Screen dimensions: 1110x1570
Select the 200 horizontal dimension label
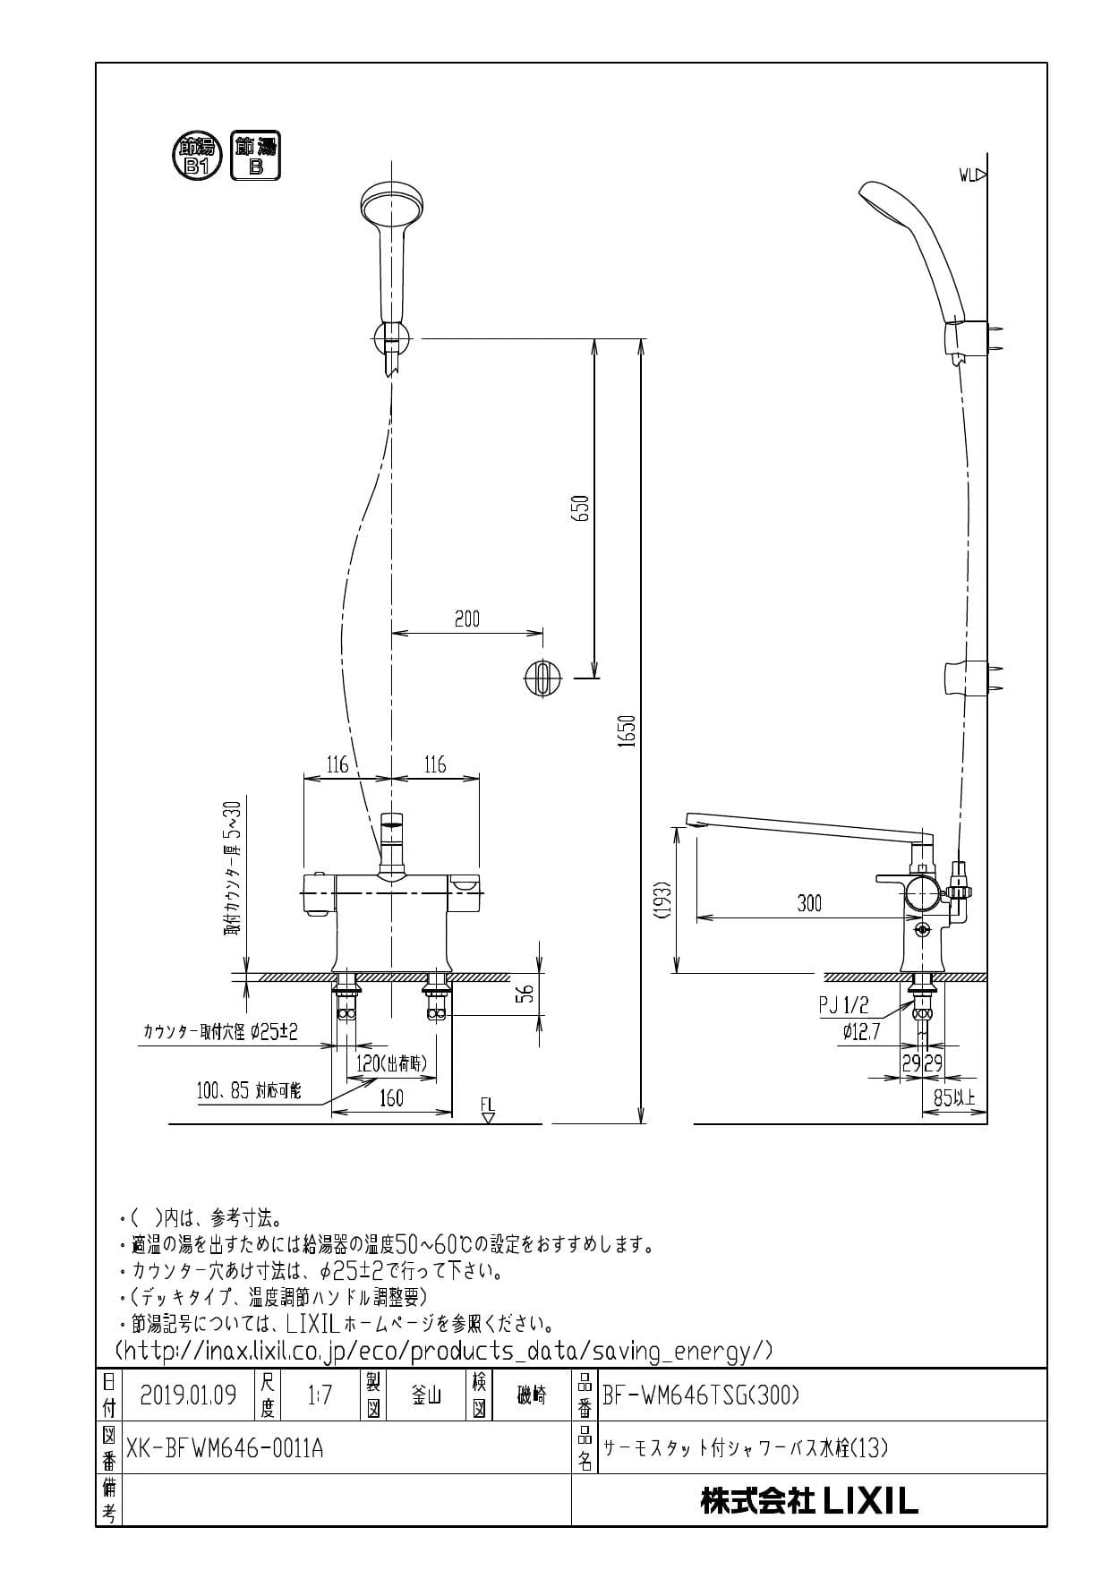point(467,619)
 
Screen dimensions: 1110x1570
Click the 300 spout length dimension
point(809,904)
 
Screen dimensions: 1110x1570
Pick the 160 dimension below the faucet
point(391,1098)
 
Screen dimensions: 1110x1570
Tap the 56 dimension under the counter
point(528,993)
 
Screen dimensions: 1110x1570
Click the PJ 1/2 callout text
point(843,1007)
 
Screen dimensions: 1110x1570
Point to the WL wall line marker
point(972,175)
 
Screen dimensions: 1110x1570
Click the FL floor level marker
point(487,1111)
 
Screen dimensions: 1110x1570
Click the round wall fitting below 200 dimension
point(542,678)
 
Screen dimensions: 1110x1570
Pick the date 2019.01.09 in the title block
point(188,1395)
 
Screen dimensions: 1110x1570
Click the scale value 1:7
point(320,1395)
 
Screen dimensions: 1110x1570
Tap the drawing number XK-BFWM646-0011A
point(226,1447)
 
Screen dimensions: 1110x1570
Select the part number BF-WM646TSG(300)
point(701,1395)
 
